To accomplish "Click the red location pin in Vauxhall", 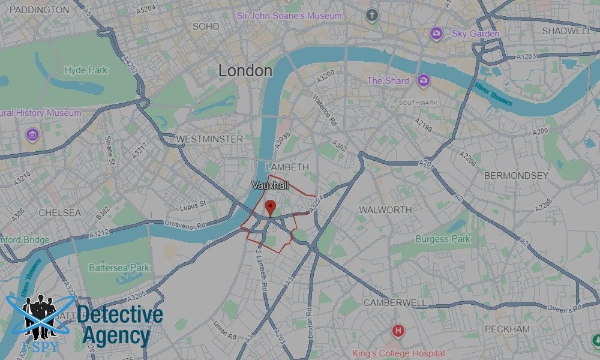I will pos(271,208).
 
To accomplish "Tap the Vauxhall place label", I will pos(271,186).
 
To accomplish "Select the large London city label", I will pos(245,71).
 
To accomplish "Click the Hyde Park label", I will pos(86,70).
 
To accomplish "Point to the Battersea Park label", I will pos(119,268).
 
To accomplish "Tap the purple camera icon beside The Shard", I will pos(424,80).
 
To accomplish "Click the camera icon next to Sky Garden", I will pos(436,34).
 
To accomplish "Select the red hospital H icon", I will pos(397,330).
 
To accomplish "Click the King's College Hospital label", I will pos(398,353).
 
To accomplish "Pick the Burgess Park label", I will pos(443,239).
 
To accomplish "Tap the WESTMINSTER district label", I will pos(209,139).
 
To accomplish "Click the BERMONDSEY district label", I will pos(516,176).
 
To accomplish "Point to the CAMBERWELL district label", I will pos(395,303).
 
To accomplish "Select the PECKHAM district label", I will pos(507,329).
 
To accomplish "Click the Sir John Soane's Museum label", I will pos(290,16).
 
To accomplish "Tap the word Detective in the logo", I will pos(120,315).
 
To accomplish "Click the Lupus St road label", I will pos(193,207).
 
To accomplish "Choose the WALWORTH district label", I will pos(385,210).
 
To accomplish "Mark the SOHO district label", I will pos(206,26).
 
